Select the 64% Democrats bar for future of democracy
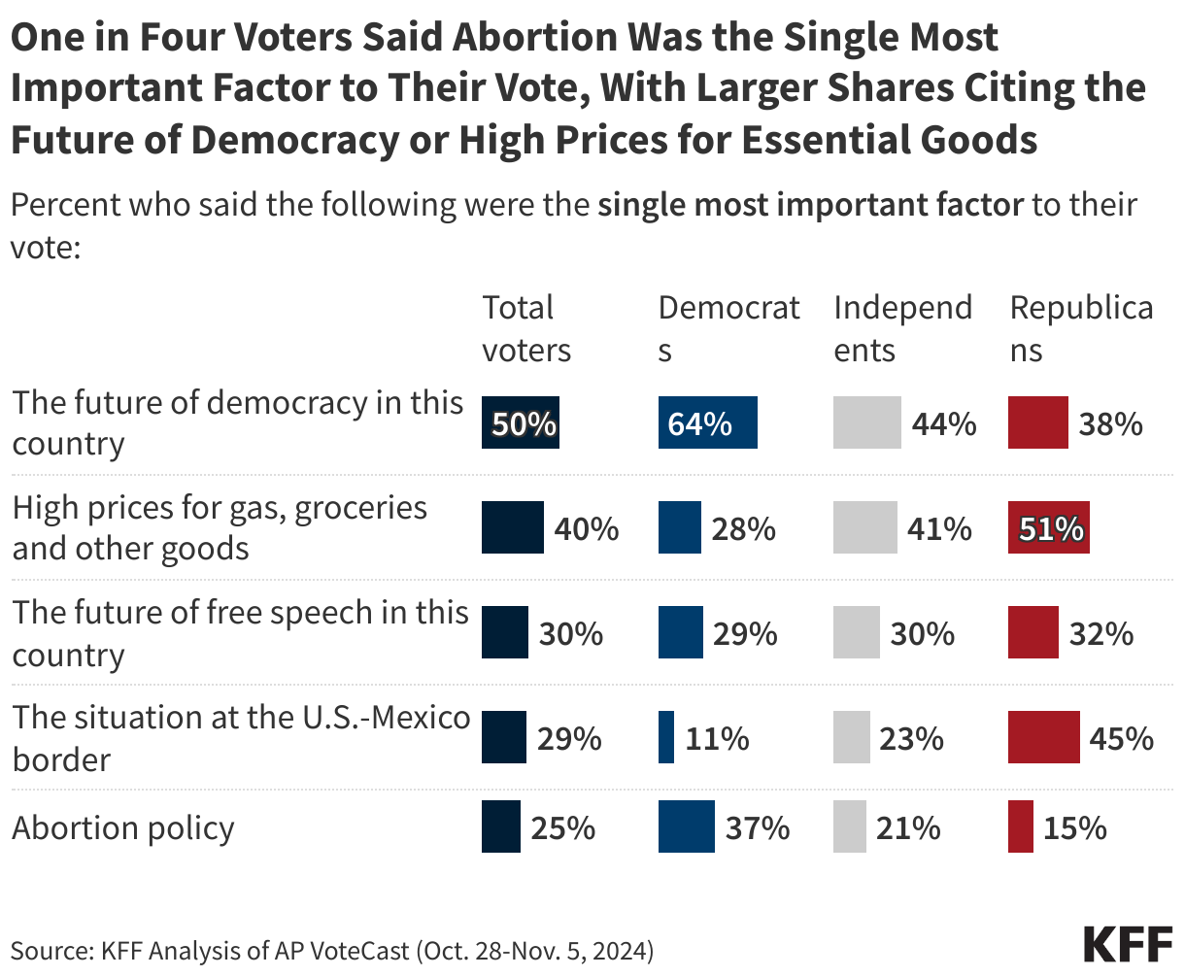pyautogui.click(x=707, y=423)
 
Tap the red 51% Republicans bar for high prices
pyautogui.click(x=1048, y=528)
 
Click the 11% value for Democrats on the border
pyautogui.click(x=716, y=738)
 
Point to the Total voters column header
pyautogui.click(x=526, y=328)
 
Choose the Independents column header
pyautogui.click(x=902, y=328)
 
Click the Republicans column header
pyautogui.click(x=1081, y=328)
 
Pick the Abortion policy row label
pyautogui.click(x=123, y=827)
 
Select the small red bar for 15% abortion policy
pyautogui.click(x=1020, y=826)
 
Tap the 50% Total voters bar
pyautogui.click(x=522, y=423)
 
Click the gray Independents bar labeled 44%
pyautogui.click(x=866, y=423)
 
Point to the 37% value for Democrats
pyautogui.click(x=758, y=827)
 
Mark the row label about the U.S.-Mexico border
pyautogui.click(x=240, y=738)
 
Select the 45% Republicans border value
pyautogui.click(x=1122, y=738)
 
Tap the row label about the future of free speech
pyautogui.click(x=240, y=633)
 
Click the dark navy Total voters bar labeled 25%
pyautogui.click(x=501, y=826)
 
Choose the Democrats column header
pyautogui.click(x=728, y=328)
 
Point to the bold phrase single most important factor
pyautogui.click(x=810, y=205)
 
